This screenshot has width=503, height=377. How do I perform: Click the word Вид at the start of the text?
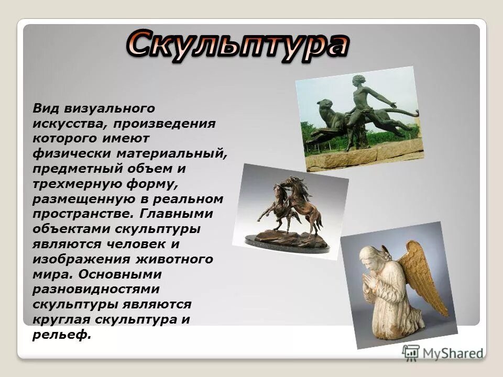(x=46, y=108)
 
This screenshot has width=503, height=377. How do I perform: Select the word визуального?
(x=110, y=109)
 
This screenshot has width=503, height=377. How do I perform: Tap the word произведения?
(x=164, y=124)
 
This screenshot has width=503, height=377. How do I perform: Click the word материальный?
(x=172, y=153)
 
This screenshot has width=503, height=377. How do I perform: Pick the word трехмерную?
(x=76, y=184)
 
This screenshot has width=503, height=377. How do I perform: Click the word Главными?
(x=176, y=213)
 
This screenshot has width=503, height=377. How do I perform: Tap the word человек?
(x=136, y=244)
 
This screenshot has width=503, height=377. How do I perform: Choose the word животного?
(x=174, y=259)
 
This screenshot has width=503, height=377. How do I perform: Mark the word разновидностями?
(x=96, y=290)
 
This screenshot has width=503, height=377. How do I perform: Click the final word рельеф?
(x=62, y=335)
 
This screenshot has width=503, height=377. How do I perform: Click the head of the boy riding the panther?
(x=358, y=81)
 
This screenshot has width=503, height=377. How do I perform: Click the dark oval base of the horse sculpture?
(x=287, y=243)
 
